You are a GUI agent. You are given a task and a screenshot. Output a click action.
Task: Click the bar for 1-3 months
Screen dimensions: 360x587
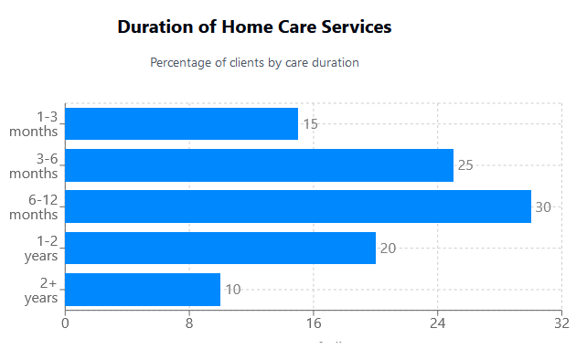pyautogui.click(x=181, y=124)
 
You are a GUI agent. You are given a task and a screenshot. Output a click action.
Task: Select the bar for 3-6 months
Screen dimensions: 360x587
pyautogui.click(x=259, y=165)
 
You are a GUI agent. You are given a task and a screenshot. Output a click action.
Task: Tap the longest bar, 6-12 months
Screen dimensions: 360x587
pyautogui.click(x=298, y=206)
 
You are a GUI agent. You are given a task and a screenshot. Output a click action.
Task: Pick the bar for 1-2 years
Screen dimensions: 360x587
pyautogui.click(x=220, y=248)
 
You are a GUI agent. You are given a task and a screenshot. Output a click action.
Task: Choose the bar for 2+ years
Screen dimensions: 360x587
pyautogui.click(x=143, y=290)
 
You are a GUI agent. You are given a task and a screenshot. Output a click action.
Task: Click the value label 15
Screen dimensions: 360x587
pyautogui.click(x=310, y=124)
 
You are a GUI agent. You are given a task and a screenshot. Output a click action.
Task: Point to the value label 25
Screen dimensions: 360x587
pyautogui.click(x=465, y=165)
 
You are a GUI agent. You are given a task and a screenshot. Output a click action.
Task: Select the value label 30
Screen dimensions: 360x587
pyautogui.click(x=543, y=206)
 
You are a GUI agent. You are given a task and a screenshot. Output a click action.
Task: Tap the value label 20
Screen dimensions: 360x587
pyautogui.click(x=388, y=249)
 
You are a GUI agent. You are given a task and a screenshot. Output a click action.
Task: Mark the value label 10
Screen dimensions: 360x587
pyautogui.click(x=232, y=290)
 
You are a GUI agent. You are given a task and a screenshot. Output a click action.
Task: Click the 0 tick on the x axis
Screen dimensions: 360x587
pyautogui.click(x=65, y=323)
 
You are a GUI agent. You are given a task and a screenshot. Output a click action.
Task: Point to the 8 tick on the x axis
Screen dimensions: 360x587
pyautogui.click(x=189, y=323)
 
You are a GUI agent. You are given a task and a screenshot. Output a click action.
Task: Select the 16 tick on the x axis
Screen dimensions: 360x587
pyautogui.click(x=314, y=323)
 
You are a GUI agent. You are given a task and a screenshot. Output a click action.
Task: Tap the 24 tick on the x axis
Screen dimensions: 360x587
pyautogui.click(x=438, y=323)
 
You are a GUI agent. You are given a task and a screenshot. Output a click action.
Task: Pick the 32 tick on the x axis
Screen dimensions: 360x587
pyautogui.click(x=561, y=323)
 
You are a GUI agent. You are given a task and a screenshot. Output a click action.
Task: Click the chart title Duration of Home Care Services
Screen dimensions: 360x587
pyautogui.click(x=254, y=27)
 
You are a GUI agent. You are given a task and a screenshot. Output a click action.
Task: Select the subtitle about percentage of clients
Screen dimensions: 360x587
pyautogui.click(x=254, y=63)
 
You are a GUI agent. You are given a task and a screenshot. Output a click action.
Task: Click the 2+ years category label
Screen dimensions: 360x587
pyautogui.click(x=41, y=291)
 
